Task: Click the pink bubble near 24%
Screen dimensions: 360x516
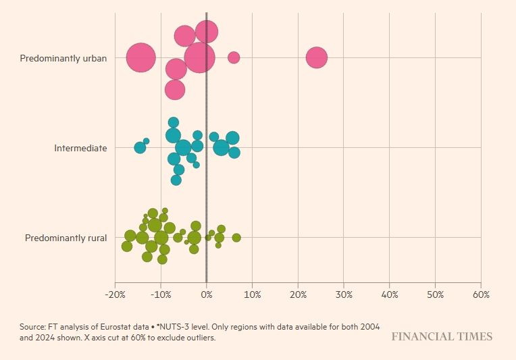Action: click(316, 58)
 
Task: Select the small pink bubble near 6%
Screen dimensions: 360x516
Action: click(234, 57)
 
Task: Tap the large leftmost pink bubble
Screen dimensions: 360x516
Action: click(141, 58)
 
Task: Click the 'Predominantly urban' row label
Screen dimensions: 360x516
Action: click(63, 59)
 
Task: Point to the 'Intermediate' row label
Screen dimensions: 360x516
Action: click(80, 148)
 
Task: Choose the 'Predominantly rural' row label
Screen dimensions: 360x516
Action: click(66, 238)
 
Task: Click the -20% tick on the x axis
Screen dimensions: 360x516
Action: click(114, 295)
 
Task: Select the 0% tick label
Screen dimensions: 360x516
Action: click(207, 295)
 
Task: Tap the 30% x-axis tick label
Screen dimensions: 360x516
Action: click(344, 295)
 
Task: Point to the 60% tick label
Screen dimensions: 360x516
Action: click(480, 295)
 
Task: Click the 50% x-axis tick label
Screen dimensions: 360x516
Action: click(435, 295)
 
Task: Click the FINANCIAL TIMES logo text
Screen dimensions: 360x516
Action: click(442, 336)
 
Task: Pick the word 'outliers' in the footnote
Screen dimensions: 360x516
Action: click(201, 337)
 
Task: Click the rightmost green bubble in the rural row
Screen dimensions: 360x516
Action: click(236, 238)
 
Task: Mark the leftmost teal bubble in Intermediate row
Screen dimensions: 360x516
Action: click(140, 148)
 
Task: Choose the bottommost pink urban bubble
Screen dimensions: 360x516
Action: click(175, 90)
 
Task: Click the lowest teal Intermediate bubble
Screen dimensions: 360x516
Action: click(176, 180)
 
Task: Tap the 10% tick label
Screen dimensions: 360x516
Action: click(252, 295)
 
